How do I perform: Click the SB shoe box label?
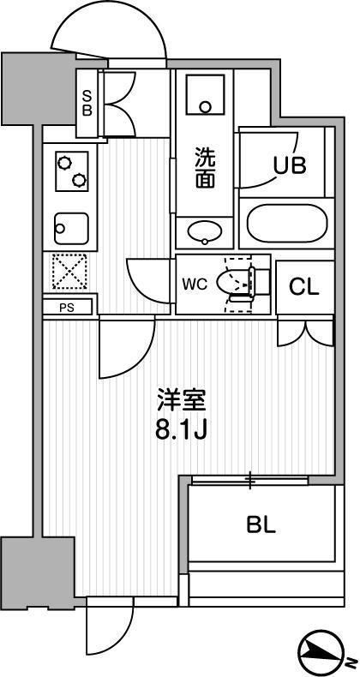[x=87, y=103]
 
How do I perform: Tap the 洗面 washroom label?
[x=205, y=168]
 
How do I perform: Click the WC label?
[x=194, y=284]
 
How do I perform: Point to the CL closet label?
[x=303, y=286]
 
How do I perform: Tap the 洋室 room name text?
[x=181, y=399]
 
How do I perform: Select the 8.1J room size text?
[x=181, y=430]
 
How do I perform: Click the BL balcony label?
[x=262, y=524]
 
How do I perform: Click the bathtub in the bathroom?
[x=285, y=224]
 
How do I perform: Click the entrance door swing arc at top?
[x=106, y=39]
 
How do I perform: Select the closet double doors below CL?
[x=304, y=333]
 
